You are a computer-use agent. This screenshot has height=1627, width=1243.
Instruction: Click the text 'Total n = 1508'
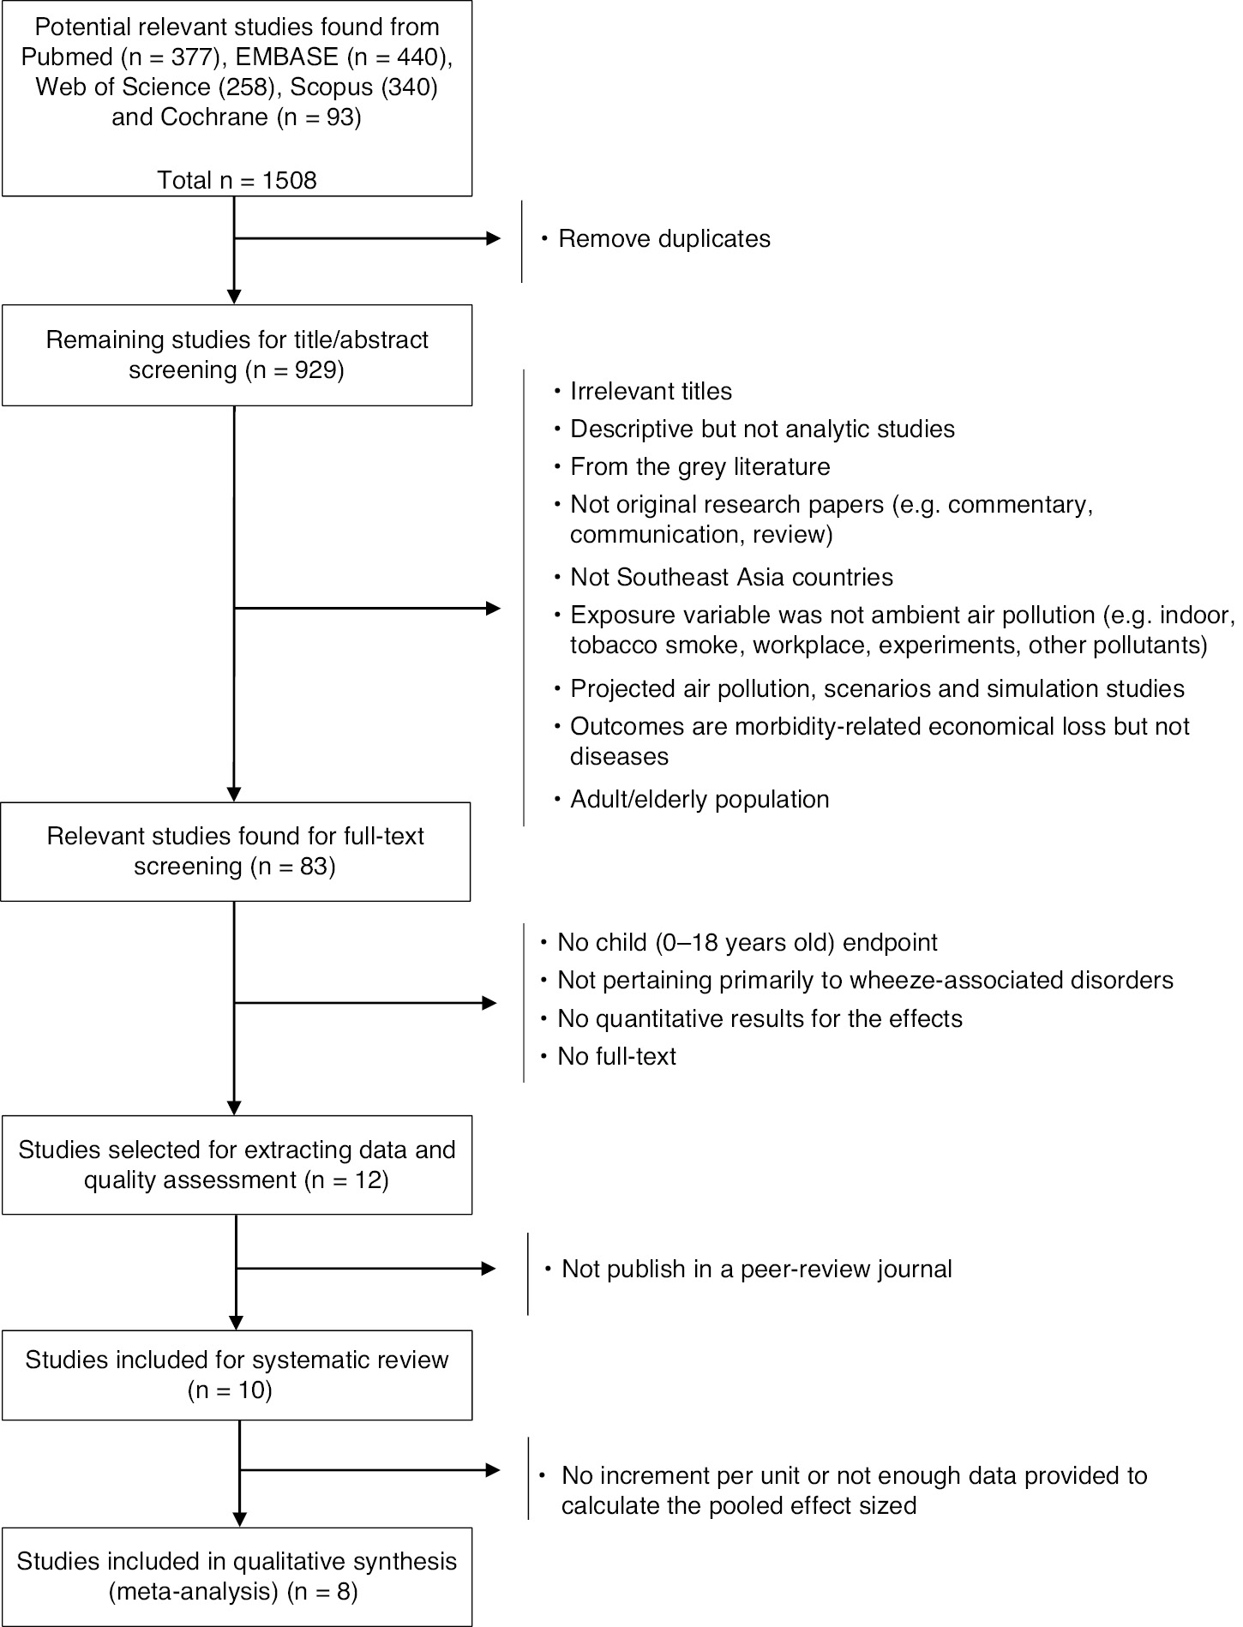pos(237,180)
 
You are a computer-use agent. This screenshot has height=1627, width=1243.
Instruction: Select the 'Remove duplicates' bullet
pos(664,238)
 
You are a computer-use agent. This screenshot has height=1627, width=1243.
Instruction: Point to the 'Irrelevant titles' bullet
pos(651,392)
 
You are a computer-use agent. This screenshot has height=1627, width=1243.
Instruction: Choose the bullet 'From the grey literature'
pos(700,467)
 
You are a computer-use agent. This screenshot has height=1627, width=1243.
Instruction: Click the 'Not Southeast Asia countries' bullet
pos(731,577)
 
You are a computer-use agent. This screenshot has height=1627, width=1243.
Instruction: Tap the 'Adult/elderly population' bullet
pos(700,800)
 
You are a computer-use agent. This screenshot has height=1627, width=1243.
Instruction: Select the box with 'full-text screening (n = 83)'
pos(236,851)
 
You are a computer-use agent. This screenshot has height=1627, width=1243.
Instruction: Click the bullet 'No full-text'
pos(616,1056)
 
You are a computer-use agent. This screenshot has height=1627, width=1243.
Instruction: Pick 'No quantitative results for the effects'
pos(760,1018)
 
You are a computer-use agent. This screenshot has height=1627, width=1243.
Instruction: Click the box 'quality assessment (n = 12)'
pos(237,1164)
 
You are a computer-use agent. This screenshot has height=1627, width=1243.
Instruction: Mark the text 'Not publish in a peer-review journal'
pos(756,1269)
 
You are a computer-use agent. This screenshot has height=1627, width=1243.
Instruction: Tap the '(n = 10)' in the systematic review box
pos(230,1390)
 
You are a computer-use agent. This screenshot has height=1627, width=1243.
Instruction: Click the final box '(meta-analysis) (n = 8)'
pos(237,1576)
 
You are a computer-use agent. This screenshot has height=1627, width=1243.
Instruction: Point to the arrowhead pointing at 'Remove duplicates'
pos(494,239)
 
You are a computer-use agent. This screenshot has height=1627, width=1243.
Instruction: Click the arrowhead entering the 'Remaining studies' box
pos(233,297)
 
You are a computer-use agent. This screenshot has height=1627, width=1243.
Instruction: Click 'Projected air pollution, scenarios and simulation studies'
pos(877,688)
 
